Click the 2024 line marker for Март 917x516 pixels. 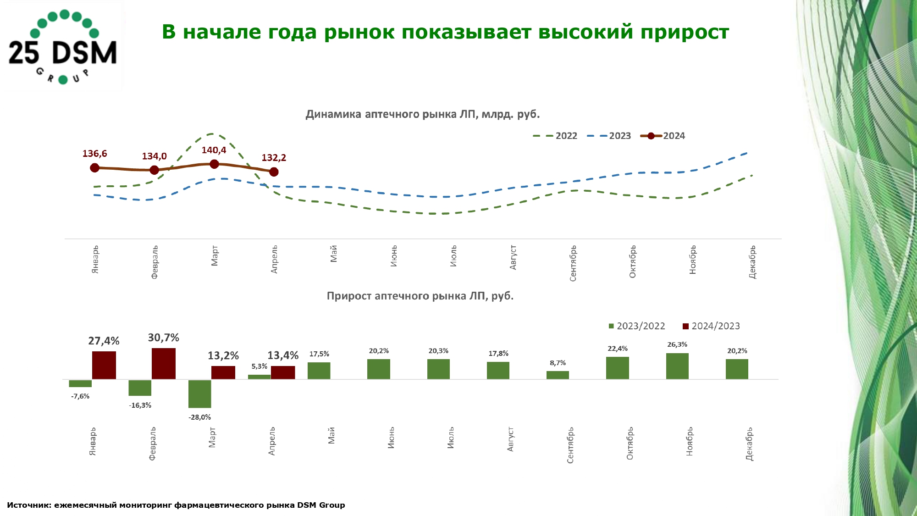click(x=214, y=164)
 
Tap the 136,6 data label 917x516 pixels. click(x=94, y=154)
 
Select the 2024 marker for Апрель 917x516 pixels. click(x=274, y=172)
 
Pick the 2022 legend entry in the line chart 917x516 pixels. click(x=555, y=136)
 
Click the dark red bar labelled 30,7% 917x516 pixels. click(x=164, y=363)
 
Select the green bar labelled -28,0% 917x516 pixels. click(x=199, y=394)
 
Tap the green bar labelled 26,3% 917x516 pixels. click(x=677, y=366)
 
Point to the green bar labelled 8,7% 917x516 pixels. click(x=558, y=375)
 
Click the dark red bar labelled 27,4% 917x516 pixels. click(x=104, y=365)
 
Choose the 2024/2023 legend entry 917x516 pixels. click(x=711, y=326)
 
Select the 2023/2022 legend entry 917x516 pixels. click(x=637, y=326)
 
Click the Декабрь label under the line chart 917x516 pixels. click(x=752, y=262)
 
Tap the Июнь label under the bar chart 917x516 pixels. click(x=391, y=438)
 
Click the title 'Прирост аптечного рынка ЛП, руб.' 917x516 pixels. click(x=420, y=296)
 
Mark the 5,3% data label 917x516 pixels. click(x=259, y=366)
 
